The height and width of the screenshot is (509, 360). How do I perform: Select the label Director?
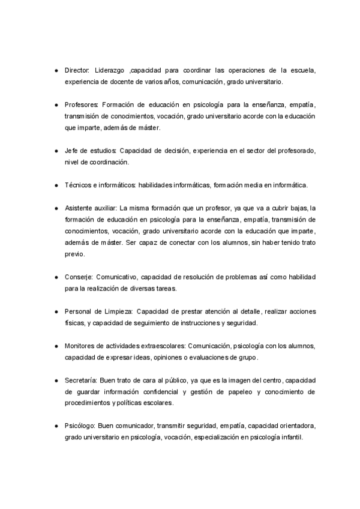coord(77,70)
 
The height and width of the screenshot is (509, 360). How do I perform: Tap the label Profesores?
coord(82,104)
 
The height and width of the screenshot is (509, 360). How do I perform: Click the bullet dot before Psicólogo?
coord(55,426)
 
